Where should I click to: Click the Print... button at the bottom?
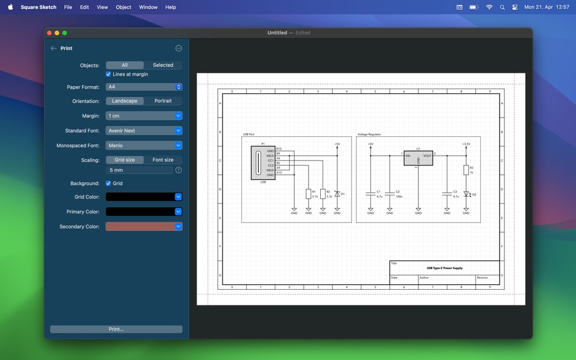[116, 329]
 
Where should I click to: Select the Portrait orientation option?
[162, 101]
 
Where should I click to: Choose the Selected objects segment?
[162, 65]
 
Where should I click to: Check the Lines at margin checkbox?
[109, 74]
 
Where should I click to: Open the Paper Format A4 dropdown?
[144, 87]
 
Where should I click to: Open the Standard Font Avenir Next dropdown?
[144, 131]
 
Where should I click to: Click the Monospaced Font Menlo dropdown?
[144, 145]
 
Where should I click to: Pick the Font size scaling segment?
[162, 160]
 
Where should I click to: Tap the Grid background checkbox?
[109, 183]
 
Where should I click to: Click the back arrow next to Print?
[53, 48]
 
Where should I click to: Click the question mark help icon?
[178, 170]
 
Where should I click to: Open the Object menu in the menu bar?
[123, 7]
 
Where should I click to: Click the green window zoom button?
[64, 33]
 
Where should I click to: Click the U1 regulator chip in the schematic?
[418, 158]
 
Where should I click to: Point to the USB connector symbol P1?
[263, 162]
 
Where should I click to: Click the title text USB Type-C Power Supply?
[444, 268]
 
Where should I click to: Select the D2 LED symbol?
[466, 195]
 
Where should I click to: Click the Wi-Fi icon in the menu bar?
[489, 7]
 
